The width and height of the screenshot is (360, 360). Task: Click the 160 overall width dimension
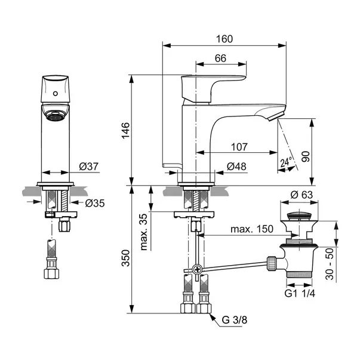pyautogui.click(x=224, y=39)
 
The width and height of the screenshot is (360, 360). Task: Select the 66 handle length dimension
pyautogui.click(x=220, y=59)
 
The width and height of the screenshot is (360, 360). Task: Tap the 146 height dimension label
pyautogui.click(x=125, y=131)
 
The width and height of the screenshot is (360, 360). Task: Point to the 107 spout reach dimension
pyautogui.click(x=239, y=147)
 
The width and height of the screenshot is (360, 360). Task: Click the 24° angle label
pyautogui.click(x=286, y=162)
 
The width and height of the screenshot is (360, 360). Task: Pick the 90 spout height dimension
pyautogui.click(x=305, y=156)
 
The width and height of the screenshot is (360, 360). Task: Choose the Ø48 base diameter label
pyautogui.click(x=236, y=167)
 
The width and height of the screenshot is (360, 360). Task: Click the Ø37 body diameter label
pyautogui.click(x=88, y=166)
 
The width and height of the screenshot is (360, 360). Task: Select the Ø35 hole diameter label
pyautogui.click(x=95, y=203)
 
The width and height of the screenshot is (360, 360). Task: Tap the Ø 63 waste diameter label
pyautogui.click(x=301, y=195)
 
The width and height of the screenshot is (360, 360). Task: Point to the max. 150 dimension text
pyautogui.click(x=252, y=229)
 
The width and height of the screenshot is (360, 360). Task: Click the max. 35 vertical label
pyautogui.click(x=143, y=232)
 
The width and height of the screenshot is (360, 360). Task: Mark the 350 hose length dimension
pyautogui.click(x=125, y=258)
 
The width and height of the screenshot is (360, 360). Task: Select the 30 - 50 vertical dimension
pyautogui.click(x=330, y=264)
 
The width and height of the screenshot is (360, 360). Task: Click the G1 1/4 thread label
pyautogui.click(x=300, y=293)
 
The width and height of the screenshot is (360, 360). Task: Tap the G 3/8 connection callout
pyautogui.click(x=235, y=320)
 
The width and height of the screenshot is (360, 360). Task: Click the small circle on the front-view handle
pyautogui.click(x=56, y=94)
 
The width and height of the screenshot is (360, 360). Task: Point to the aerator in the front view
pyautogui.click(x=55, y=116)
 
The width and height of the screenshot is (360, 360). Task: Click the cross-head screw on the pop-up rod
pyautogui.click(x=197, y=269)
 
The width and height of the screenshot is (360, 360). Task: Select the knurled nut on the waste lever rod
pyautogui.click(x=272, y=263)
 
